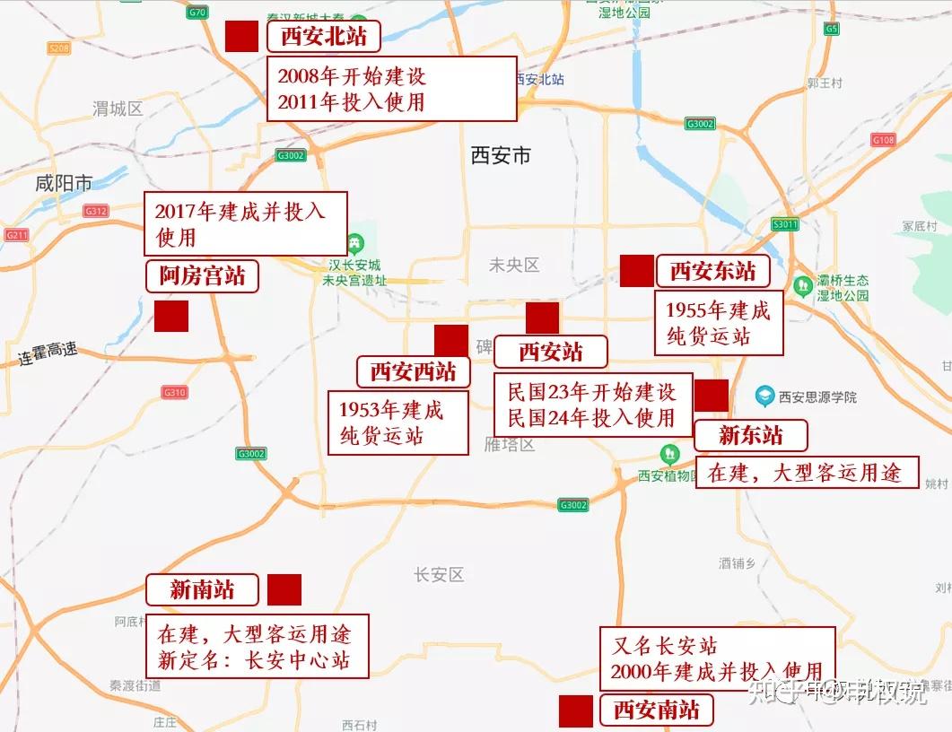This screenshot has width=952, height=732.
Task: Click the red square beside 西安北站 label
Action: pyautogui.click(x=241, y=36)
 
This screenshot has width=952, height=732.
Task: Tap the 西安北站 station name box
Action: pyautogui.click(x=323, y=36)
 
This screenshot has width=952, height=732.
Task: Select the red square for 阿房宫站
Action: pyautogui.click(x=170, y=316)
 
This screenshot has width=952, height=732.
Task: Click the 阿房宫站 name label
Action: pyautogui.click(x=202, y=276)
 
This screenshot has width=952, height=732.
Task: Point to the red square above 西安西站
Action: pyautogui.click(x=450, y=341)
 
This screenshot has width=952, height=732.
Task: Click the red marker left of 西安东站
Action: pyautogui.click(x=637, y=271)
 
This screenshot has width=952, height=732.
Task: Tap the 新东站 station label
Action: pyautogui.click(x=751, y=436)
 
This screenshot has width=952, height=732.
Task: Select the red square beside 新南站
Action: pyautogui.click(x=284, y=589)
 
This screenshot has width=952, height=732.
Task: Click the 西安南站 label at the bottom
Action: pyautogui.click(x=656, y=710)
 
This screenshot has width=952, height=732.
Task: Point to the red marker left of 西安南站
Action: pyautogui.click(x=576, y=710)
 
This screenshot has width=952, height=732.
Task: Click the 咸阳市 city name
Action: pyautogui.click(x=64, y=184)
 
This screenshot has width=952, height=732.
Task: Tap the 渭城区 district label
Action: pyautogui.click(x=118, y=109)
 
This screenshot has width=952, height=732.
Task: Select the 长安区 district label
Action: pyautogui.click(x=439, y=574)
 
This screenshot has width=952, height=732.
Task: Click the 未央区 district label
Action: pyautogui.click(x=514, y=265)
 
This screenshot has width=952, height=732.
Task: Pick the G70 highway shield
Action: pyautogui.click(x=198, y=12)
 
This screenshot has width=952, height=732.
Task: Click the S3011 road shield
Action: pyautogui.click(x=784, y=224)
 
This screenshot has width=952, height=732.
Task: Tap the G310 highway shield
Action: pyautogui.click(x=174, y=392)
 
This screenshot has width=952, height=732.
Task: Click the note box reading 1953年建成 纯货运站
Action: pyautogui.click(x=397, y=423)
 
